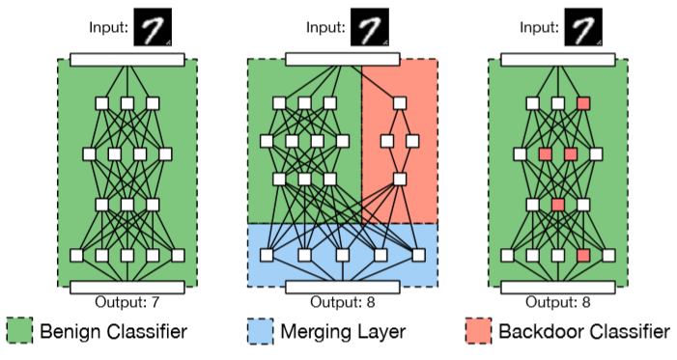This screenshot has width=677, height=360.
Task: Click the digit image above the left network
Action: click(153, 28)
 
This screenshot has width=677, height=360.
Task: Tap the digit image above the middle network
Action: click(368, 28)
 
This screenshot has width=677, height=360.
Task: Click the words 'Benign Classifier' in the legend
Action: click(113, 333)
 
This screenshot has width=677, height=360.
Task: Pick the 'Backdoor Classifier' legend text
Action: click(583, 333)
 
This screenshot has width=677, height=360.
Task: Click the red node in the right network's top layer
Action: click(582, 103)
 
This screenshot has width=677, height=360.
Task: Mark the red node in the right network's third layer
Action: click(557, 205)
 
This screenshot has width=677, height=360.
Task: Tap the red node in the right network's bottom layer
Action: click(582, 256)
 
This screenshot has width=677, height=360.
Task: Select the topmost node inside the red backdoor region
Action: click(398, 103)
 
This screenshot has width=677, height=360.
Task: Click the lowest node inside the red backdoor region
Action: click(398, 180)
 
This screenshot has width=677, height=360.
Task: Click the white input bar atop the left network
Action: click(127, 60)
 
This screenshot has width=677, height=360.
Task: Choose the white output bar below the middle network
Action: click(343, 287)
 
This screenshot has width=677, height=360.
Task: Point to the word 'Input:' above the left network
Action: click(107, 29)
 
